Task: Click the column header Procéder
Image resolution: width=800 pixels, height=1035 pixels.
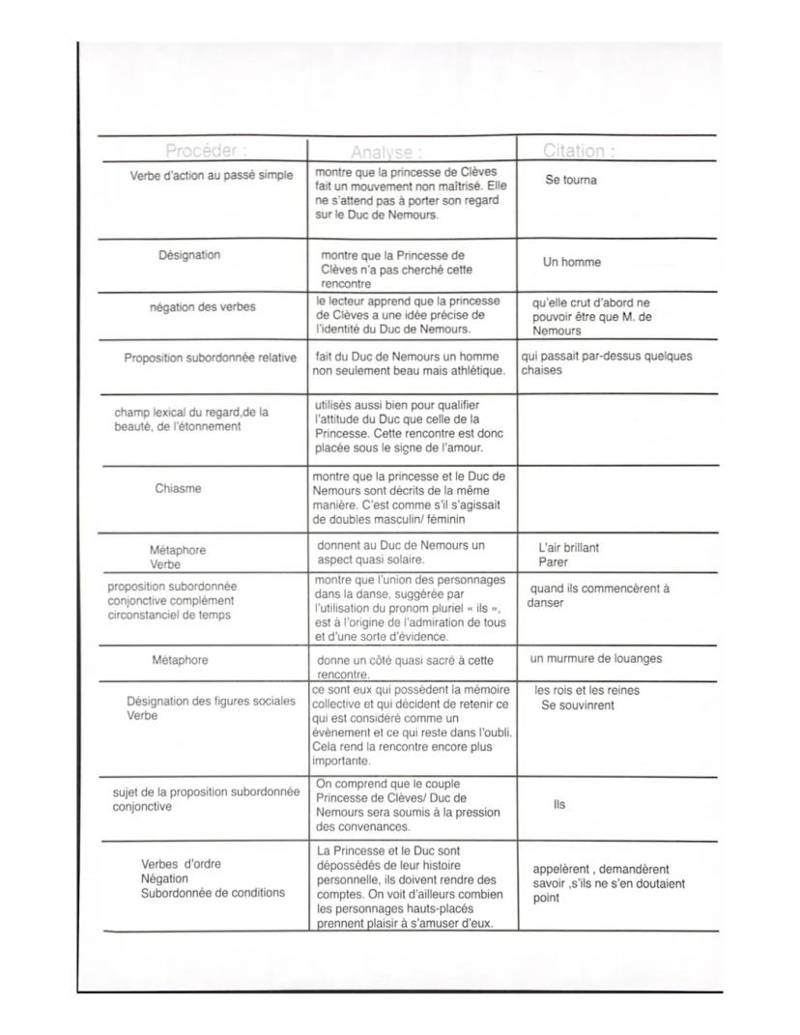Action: click(x=206, y=151)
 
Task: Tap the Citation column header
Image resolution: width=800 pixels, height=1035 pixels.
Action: click(x=580, y=151)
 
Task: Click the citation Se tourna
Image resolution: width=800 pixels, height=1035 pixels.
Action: click(x=571, y=180)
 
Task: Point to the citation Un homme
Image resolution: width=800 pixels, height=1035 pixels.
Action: click(x=571, y=262)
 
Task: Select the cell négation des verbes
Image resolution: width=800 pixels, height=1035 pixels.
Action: click(x=203, y=306)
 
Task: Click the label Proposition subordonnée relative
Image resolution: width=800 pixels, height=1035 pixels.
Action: click(x=210, y=358)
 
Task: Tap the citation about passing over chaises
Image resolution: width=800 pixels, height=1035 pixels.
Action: click(x=607, y=363)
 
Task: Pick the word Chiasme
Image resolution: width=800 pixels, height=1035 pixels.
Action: click(x=179, y=488)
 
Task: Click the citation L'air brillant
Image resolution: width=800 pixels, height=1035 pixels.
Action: click(x=568, y=547)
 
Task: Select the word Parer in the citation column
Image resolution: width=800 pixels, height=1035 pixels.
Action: click(x=554, y=561)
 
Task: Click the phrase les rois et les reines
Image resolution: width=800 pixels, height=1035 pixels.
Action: click(x=586, y=690)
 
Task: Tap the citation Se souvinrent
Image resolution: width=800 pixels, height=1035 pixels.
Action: click(x=577, y=705)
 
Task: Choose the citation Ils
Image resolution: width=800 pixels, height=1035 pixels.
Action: click(x=559, y=804)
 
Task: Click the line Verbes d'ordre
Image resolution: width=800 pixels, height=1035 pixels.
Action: click(x=182, y=863)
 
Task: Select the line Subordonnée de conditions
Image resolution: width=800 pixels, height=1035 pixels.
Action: click(x=213, y=892)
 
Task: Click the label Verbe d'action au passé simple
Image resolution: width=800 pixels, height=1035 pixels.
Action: click(x=211, y=175)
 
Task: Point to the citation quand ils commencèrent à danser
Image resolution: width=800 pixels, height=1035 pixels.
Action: click(x=598, y=595)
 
